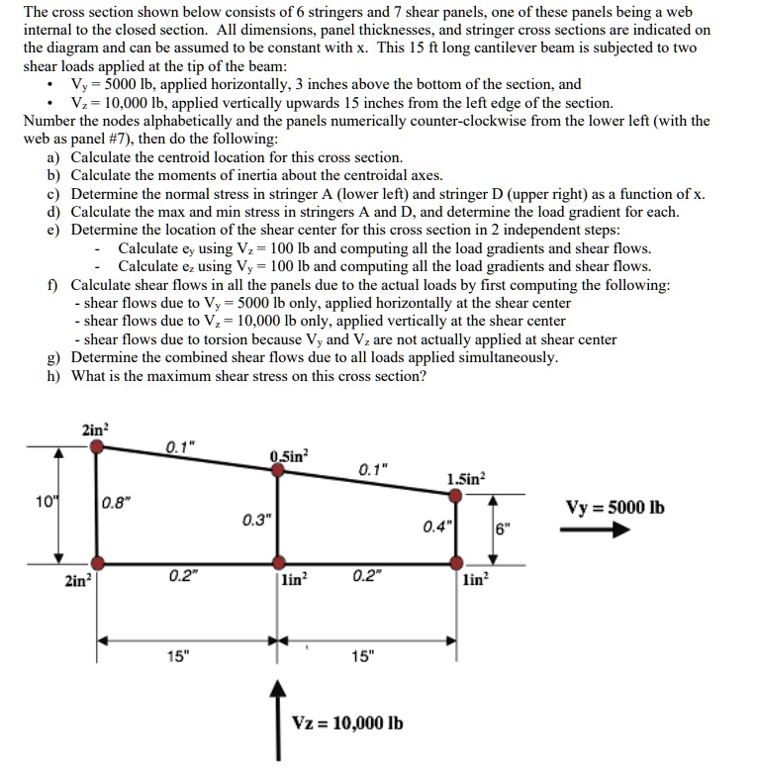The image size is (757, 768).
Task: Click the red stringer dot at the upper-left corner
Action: pos(96,447)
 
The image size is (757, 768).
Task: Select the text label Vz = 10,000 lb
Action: pos(348,722)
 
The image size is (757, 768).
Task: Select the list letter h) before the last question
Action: pos(54,375)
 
